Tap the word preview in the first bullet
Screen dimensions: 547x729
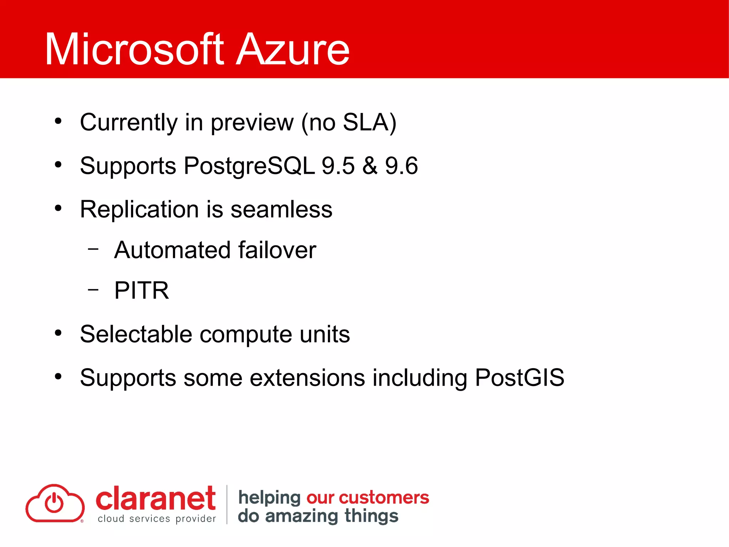(x=252, y=123)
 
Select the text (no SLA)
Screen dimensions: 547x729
(x=349, y=123)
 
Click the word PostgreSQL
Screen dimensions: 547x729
(x=249, y=166)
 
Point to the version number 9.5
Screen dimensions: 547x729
(x=338, y=166)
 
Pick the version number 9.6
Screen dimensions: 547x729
(x=402, y=166)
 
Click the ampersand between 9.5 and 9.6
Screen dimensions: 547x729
(x=370, y=166)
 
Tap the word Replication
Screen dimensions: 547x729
(x=139, y=209)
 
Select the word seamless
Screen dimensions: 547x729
(x=282, y=209)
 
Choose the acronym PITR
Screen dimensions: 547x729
(x=142, y=291)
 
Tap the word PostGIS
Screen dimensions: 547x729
(x=520, y=377)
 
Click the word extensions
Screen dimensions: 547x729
(x=307, y=377)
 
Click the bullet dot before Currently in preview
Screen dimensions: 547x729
(x=58, y=121)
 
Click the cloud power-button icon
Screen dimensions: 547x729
(x=55, y=503)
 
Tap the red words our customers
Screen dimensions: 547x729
(x=368, y=497)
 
